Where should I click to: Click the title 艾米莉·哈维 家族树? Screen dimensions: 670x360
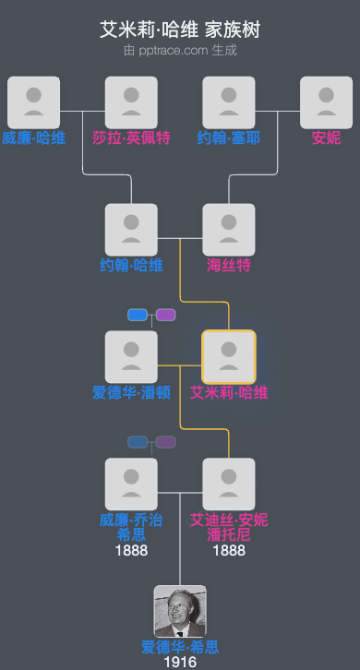click(x=180, y=30)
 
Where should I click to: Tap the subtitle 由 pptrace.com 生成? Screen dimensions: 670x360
click(x=180, y=50)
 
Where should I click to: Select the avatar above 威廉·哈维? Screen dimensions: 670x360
click(x=34, y=102)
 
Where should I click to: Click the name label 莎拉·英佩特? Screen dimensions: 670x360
click(x=131, y=138)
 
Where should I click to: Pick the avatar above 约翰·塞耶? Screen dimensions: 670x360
click(x=229, y=102)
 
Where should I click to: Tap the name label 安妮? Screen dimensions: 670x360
click(x=327, y=138)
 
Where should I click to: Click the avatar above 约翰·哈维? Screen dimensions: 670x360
click(x=131, y=229)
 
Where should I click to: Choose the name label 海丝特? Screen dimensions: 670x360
click(x=229, y=266)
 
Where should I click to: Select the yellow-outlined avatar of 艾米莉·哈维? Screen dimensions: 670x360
click(x=229, y=356)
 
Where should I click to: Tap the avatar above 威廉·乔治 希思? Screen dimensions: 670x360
click(x=131, y=484)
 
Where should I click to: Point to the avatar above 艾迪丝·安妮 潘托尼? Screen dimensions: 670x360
click(x=229, y=484)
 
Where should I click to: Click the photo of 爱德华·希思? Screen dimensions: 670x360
click(x=180, y=611)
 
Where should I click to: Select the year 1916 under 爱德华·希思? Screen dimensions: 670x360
click(x=180, y=662)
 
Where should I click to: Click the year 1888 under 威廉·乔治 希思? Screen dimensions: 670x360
click(x=131, y=550)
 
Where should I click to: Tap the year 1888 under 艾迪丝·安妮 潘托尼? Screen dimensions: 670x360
click(x=229, y=550)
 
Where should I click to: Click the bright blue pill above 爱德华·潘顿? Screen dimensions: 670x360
click(x=138, y=315)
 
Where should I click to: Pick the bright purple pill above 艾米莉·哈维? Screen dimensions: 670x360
click(x=166, y=315)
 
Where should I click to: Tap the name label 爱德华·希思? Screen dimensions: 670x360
click(x=180, y=647)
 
